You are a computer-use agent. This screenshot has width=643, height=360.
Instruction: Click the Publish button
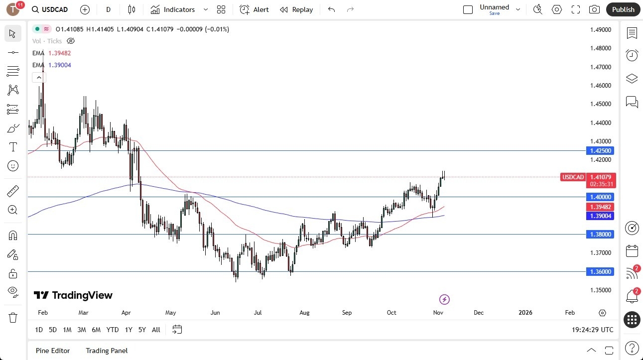623,9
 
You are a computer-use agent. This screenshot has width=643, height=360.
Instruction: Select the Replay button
296,9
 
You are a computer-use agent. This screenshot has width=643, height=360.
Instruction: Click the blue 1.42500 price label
601,150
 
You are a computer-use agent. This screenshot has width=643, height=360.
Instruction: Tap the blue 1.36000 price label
601,271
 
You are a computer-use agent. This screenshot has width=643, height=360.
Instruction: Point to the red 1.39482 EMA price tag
601,207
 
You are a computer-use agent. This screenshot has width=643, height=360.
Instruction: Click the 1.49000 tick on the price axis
600,30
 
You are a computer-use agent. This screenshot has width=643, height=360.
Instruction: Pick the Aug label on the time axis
304,313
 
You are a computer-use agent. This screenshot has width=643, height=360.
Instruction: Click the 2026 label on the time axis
525,313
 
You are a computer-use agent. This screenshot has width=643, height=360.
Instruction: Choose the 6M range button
96,330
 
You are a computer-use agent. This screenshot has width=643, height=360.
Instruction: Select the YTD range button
113,330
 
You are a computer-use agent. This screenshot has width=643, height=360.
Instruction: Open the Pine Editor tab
53,351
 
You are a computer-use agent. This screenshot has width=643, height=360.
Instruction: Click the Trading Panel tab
107,351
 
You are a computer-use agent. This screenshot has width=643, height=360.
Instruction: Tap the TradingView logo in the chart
73,295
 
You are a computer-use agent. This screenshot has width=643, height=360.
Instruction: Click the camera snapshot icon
594,9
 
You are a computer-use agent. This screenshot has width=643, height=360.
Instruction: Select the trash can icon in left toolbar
13,318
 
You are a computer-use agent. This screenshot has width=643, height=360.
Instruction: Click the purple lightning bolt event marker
445,299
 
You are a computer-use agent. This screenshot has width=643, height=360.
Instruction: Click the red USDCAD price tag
573,177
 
